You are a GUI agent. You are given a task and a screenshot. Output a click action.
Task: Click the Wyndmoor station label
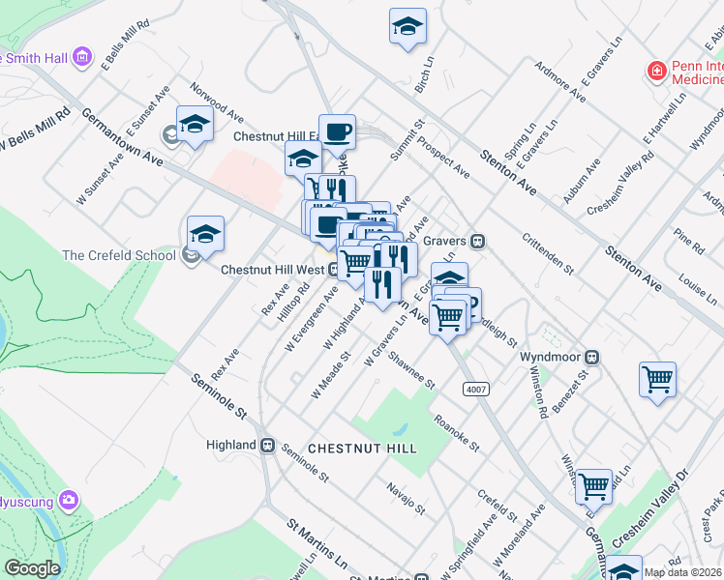coord(547,357)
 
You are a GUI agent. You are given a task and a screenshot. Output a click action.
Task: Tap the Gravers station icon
coord(477,240)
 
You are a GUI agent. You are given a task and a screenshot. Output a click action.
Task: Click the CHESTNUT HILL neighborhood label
coord(362,449)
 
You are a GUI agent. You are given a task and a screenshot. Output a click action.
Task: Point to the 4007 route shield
coord(474,389)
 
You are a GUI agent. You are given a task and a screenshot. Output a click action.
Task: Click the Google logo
coord(32,568)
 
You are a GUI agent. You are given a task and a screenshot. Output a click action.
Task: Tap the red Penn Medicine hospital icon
coord(656,71)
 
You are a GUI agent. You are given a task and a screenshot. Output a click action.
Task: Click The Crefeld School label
coord(118,255)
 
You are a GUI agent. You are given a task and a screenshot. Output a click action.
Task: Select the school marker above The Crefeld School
coord(205,234)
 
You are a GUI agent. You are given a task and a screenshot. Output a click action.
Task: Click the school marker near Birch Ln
coord(408,26)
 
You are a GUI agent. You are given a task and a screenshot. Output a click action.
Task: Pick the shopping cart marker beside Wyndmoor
coord(658,379)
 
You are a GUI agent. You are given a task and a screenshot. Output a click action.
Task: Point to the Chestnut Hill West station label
coord(272,270)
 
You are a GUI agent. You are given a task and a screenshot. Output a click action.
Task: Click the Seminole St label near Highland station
coord(306,463)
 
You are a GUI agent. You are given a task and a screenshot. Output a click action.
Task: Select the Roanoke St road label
coord(456,432)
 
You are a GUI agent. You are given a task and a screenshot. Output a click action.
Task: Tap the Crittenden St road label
coord(548,253)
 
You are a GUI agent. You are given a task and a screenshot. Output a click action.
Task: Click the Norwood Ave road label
coord(217,101)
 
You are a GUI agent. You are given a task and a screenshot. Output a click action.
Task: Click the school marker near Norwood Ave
coord(195,125)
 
